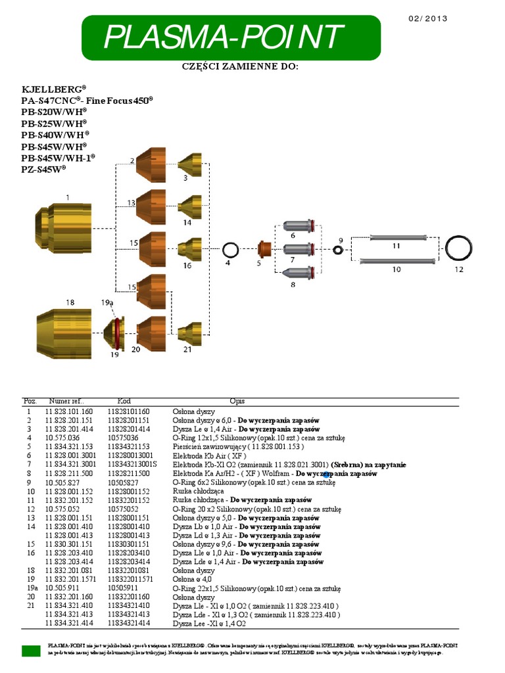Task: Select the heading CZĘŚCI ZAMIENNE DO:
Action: tap(239, 68)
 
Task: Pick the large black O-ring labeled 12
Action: tap(459, 249)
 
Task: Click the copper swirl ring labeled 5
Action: tap(264, 250)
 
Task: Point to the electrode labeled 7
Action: tap(300, 250)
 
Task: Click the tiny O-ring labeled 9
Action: tap(338, 250)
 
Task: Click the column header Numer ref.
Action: tap(66, 401)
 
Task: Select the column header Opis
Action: tap(237, 401)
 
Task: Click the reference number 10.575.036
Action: tap(62, 437)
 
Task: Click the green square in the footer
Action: tap(31, 651)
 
